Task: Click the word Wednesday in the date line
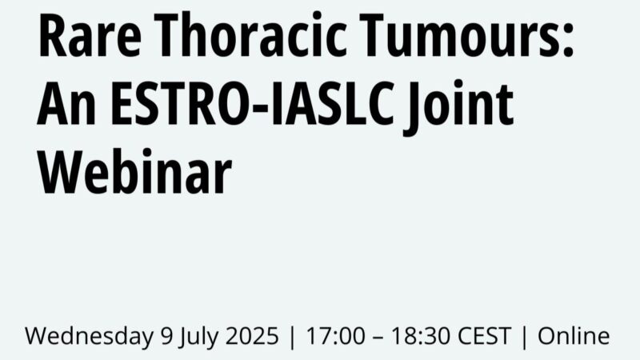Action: click(87, 335)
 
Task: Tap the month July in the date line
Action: click(193, 336)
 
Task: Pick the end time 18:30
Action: click(410, 335)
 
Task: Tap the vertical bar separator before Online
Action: click(525, 336)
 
